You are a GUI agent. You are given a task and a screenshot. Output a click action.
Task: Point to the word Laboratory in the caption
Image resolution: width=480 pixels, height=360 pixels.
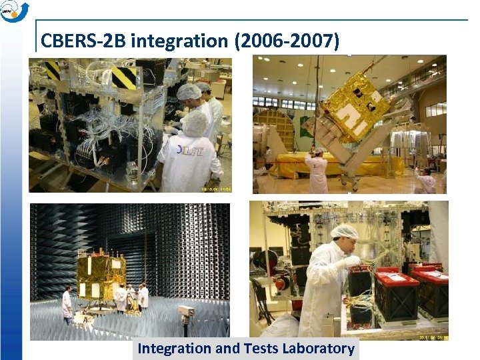pos(319,348)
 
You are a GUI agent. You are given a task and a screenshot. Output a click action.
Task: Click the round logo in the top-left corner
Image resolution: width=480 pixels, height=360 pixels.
pos(14,11)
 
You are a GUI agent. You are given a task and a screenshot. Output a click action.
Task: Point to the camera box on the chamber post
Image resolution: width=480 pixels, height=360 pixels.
pos(186,311)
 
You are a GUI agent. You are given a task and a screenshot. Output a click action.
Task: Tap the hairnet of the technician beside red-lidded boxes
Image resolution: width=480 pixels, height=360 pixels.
pos(344,231)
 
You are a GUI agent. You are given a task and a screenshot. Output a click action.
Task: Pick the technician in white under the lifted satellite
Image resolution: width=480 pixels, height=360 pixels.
pos(317,173)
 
